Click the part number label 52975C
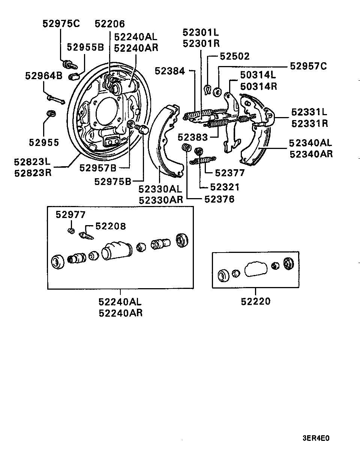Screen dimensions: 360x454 pos(61,24)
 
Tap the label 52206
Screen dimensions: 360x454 pos(109,24)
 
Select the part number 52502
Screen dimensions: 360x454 pos(235,56)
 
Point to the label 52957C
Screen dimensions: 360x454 pos(308,66)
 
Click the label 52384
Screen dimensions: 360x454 pos(170,71)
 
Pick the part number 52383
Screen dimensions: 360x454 pos(193,137)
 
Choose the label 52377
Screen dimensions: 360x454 pos(229,173)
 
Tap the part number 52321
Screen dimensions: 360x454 pos(225,187)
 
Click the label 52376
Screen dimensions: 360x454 pos(219,199)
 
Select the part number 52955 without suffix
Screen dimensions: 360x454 pos(44,143)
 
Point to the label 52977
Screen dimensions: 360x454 pos(70,215)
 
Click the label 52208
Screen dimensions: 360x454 pos(111,226)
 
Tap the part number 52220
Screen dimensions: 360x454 pos(256,301)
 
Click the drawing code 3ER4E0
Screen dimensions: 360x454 pos(316,438)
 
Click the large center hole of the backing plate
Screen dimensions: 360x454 pos(107,113)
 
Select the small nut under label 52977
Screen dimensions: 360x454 pos(71,231)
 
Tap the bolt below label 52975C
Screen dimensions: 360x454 pos(70,65)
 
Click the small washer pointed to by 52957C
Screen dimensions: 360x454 pos(217,92)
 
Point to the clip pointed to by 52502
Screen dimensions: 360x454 pos(208,89)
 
